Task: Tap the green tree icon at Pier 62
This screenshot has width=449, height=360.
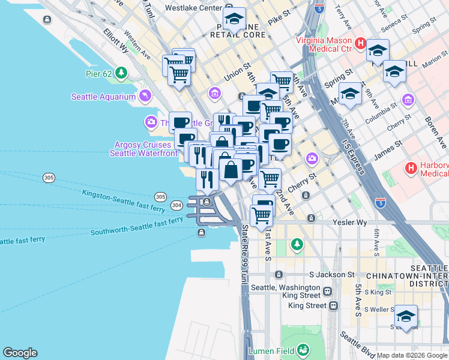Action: (x=122, y=73)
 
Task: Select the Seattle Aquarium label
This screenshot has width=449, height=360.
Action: (x=103, y=97)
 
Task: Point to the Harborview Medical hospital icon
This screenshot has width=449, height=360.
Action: (x=412, y=168)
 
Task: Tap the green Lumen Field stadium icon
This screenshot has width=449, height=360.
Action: (x=303, y=349)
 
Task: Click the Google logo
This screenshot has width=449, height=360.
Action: (x=20, y=353)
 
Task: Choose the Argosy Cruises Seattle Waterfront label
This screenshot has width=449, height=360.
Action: (x=143, y=149)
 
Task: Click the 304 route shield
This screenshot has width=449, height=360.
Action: (x=176, y=205)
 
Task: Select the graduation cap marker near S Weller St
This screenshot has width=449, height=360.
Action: (x=406, y=316)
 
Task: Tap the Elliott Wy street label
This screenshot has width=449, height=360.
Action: (x=116, y=40)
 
